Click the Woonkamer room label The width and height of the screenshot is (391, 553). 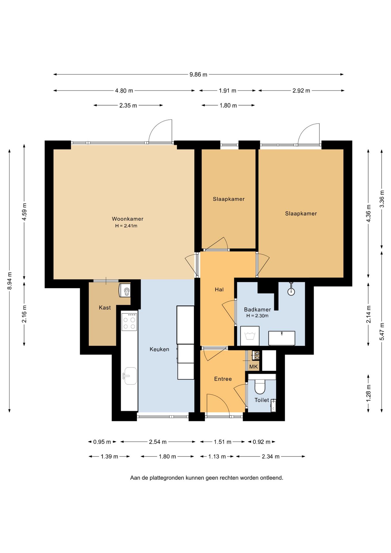(x=128, y=219)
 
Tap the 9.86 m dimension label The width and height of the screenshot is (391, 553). (x=198, y=75)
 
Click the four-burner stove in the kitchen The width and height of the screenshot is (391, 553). (x=129, y=321)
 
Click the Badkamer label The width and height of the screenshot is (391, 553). (x=257, y=310)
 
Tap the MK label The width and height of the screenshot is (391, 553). (x=254, y=367)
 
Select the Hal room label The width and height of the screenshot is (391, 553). (x=219, y=289)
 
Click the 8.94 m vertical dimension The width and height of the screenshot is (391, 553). (x=10, y=281)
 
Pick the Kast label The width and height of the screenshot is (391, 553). (x=105, y=308)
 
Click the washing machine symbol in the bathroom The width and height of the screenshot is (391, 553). (x=250, y=336)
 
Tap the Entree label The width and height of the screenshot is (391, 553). (x=223, y=379)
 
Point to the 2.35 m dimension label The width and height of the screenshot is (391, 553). (x=128, y=105)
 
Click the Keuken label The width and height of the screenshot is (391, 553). (x=159, y=349)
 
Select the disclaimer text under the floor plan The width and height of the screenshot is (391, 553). (x=207, y=478)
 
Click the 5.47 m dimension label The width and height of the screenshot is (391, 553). (x=382, y=331)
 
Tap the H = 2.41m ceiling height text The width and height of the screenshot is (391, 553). (x=126, y=226)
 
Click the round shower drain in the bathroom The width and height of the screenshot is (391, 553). (x=291, y=291)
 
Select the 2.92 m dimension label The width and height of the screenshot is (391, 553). (x=301, y=91)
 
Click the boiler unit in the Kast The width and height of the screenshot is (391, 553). (x=125, y=290)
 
